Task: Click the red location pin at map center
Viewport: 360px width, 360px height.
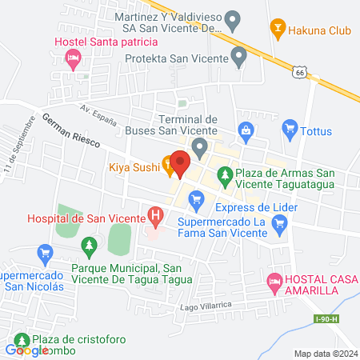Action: (x=180, y=164)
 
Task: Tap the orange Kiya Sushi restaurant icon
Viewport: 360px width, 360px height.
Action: (x=168, y=167)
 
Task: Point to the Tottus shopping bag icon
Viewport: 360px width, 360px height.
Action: (x=290, y=128)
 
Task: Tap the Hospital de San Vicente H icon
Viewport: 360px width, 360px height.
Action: (x=155, y=216)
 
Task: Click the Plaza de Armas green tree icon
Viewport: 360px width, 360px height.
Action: (x=226, y=174)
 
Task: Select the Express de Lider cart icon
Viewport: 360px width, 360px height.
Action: (x=194, y=197)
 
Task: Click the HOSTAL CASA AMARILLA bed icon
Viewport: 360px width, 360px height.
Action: (x=274, y=282)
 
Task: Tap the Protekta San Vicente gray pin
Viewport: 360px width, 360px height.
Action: (x=238, y=57)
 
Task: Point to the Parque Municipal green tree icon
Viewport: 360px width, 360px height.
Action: (x=90, y=243)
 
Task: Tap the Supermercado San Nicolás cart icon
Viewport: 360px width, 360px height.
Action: (x=46, y=254)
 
